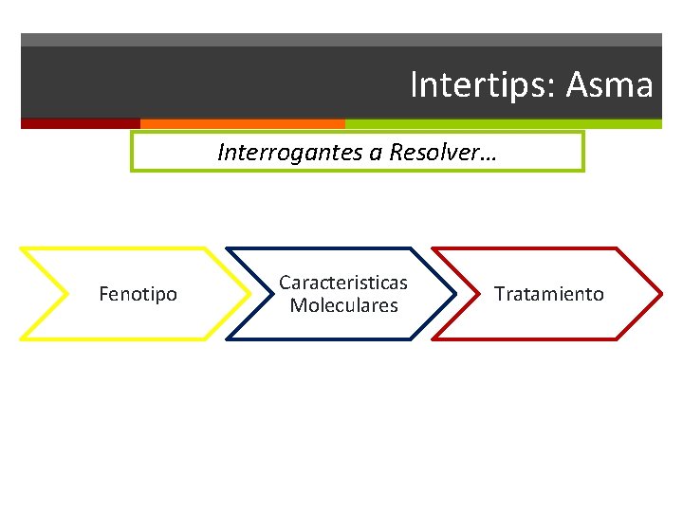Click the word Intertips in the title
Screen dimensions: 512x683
click(482, 85)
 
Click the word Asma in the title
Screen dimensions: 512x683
click(610, 85)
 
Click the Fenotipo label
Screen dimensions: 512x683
click(138, 294)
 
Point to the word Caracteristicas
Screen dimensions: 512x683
click(342, 283)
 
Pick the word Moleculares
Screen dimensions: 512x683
click(343, 305)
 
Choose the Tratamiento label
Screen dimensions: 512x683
click(548, 294)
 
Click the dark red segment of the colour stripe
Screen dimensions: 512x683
click(80, 123)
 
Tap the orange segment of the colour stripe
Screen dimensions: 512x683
click(242, 123)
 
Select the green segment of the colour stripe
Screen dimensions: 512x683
click(503, 123)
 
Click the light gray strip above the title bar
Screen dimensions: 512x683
click(341, 40)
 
